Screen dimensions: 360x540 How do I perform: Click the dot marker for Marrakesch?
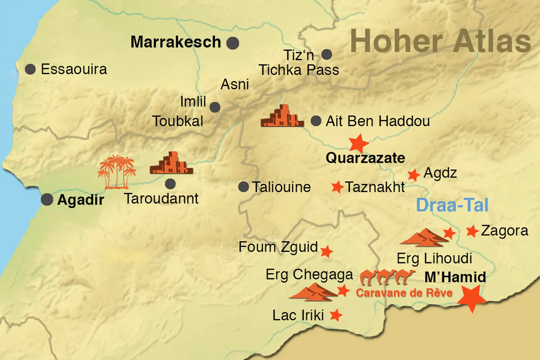(233, 43)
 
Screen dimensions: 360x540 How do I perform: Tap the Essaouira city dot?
(30, 69)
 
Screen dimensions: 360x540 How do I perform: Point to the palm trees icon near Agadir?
(117, 172)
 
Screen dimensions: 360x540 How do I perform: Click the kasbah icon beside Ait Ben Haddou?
(282, 116)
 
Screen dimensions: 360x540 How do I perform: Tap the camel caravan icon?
(387, 276)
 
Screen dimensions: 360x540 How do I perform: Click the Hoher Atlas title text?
(440, 41)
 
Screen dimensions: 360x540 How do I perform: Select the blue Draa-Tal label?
(452, 205)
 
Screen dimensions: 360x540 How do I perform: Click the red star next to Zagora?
(472, 231)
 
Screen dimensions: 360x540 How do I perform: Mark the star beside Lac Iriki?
(336, 315)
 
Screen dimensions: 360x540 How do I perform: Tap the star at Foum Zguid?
(327, 252)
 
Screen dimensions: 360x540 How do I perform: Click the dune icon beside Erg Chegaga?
(312, 292)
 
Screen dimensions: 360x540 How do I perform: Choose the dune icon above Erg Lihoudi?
(423, 238)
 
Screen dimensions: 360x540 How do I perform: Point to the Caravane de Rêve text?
(404, 293)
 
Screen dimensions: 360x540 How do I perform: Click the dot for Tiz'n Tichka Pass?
(327, 55)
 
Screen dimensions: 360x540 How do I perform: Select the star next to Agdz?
(414, 175)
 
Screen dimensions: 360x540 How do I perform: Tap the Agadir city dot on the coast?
(47, 199)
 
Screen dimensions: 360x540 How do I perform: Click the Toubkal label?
(177, 121)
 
